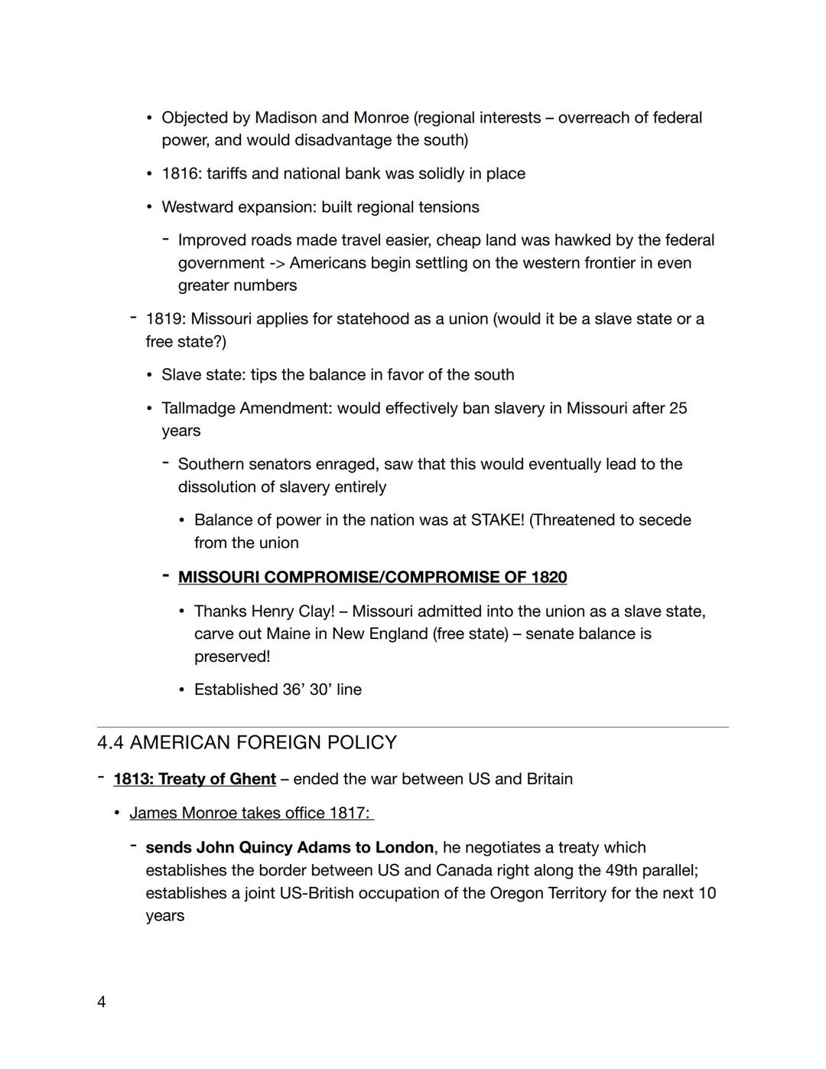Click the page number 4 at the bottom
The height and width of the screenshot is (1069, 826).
pos(102,1002)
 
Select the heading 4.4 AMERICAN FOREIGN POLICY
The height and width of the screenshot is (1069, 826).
pos(247,742)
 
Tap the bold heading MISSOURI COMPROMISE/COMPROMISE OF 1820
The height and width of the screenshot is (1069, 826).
pos(372,577)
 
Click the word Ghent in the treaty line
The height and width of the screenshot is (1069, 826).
pos(252,779)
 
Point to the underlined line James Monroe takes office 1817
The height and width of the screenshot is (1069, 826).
pos(251,813)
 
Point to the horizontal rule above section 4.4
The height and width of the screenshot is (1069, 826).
pos(413,727)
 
